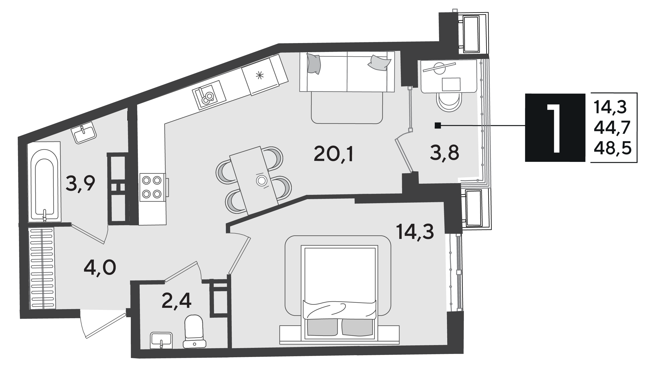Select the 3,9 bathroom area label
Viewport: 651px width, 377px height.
tap(80, 183)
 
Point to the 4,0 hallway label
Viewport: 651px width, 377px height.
tap(100, 268)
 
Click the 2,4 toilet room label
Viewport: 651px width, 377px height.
tap(176, 301)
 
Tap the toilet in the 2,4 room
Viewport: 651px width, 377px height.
tap(194, 332)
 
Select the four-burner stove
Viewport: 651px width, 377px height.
tap(152, 187)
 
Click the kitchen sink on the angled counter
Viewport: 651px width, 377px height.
tap(209, 95)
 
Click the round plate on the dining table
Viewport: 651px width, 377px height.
tap(261, 180)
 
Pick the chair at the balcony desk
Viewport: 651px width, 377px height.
tap(449, 102)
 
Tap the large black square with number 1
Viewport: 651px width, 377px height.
tap(555, 127)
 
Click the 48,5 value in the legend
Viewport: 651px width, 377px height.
tap(612, 148)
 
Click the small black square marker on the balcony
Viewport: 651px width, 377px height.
tap(438, 125)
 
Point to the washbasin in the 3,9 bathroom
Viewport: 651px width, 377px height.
tap(84, 133)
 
